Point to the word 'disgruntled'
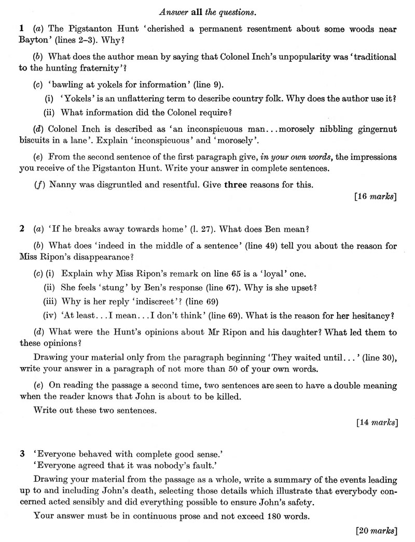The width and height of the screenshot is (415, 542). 117,184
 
